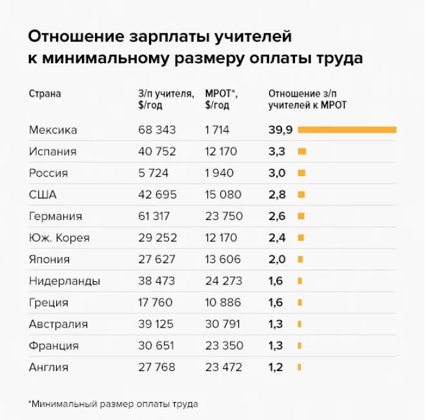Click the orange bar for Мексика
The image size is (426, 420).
click(x=347, y=130)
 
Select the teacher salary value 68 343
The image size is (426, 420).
click(x=157, y=130)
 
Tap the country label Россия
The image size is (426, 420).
click(x=48, y=173)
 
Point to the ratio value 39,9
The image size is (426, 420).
click(x=281, y=130)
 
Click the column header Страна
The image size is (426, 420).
click(x=45, y=93)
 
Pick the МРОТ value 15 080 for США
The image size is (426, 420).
click(x=223, y=194)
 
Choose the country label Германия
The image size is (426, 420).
click(x=56, y=216)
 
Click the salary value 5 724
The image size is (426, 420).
click(x=154, y=173)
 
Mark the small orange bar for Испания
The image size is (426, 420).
click(x=301, y=152)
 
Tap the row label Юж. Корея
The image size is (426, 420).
click(x=59, y=237)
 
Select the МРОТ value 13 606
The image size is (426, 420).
click(x=223, y=259)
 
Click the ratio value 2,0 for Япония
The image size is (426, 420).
click(x=277, y=259)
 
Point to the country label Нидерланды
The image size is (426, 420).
click(x=64, y=281)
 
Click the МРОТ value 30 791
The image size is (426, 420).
click(x=223, y=324)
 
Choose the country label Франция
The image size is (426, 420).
click(x=54, y=346)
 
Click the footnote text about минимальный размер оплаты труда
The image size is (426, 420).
click(x=114, y=404)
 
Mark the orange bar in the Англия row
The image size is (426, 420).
click(x=299, y=367)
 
